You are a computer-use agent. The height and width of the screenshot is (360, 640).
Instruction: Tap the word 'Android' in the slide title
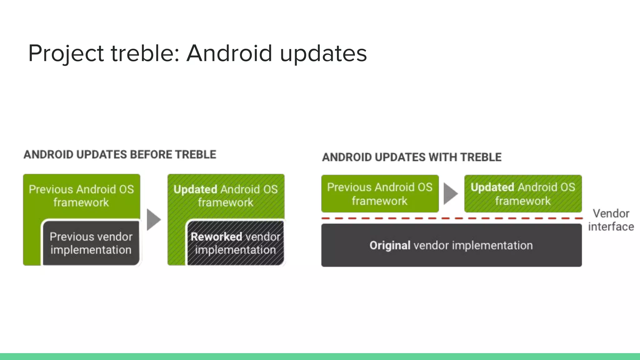coord(229,53)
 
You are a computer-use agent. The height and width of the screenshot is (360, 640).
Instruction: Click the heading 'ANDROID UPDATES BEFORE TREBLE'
coord(120,155)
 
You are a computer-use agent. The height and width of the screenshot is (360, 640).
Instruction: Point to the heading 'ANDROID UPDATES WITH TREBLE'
coord(412,157)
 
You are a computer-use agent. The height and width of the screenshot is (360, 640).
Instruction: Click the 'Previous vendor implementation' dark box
coord(91,243)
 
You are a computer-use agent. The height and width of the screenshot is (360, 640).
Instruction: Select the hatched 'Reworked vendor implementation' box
coord(235,243)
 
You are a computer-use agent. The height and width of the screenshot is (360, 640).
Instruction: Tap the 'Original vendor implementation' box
coord(451,245)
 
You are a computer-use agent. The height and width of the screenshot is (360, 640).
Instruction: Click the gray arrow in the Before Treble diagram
coord(153,220)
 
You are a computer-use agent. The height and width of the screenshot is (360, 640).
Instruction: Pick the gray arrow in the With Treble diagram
coord(450,194)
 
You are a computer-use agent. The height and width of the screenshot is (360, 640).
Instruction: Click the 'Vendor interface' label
coord(611,220)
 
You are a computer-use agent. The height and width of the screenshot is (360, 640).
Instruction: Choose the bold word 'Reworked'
coord(216,237)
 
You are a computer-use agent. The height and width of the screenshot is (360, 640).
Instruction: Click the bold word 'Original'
coord(390,246)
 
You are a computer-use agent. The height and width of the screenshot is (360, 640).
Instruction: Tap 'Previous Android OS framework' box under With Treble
coord(380,194)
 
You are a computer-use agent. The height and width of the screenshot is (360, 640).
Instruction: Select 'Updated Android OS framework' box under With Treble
coord(523,194)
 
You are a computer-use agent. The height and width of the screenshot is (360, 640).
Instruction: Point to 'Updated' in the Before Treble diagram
coord(195,189)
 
